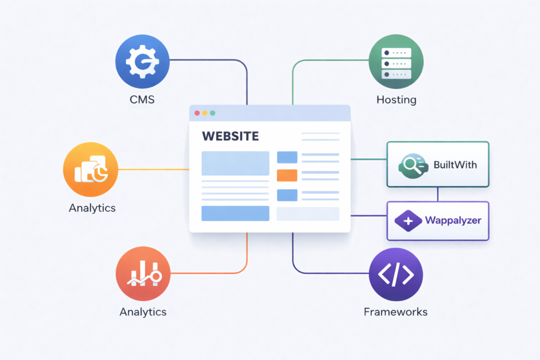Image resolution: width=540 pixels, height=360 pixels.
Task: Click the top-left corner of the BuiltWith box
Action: pyautogui.click(x=387, y=142)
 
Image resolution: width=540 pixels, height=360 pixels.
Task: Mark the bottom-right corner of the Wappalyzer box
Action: pyautogui.click(x=489, y=240)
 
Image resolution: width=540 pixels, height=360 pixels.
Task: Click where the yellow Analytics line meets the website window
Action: pyautogui.click(x=189, y=169)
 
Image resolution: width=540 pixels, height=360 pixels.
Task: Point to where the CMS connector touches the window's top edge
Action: pyautogui.click(x=247, y=105)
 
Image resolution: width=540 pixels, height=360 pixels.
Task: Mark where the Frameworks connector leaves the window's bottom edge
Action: pyautogui.click(x=293, y=232)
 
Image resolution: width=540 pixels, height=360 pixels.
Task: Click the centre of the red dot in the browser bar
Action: pyautogui.click(x=197, y=113)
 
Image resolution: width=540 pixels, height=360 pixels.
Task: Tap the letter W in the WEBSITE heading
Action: pyautogui.click(x=207, y=137)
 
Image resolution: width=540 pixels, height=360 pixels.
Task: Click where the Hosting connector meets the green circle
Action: pyautogui.click(x=369, y=60)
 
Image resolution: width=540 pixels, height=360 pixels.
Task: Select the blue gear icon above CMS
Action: pyautogui.click(x=142, y=62)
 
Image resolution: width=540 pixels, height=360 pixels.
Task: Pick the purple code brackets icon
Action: pyautogui.click(x=396, y=275)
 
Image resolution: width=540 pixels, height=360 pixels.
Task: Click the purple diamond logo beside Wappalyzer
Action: pyautogui.click(x=408, y=221)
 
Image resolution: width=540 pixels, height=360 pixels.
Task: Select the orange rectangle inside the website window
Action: pyautogui.click(x=287, y=176)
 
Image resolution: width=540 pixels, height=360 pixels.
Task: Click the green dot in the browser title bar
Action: pyautogui.click(x=213, y=113)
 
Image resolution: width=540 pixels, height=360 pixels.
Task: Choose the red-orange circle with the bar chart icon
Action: pyautogui.click(x=143, y=274)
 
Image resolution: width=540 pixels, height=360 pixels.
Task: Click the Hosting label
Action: pyautogui.click(x=397, y=100)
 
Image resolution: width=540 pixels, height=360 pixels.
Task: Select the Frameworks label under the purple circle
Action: pyautogui.click(x=396, y=312)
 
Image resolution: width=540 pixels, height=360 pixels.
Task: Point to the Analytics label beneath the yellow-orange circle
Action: pyautogui.click(x=92, y=208)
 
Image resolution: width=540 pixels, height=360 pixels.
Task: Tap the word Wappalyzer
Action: pyautogui.click(x=453, y=221)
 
